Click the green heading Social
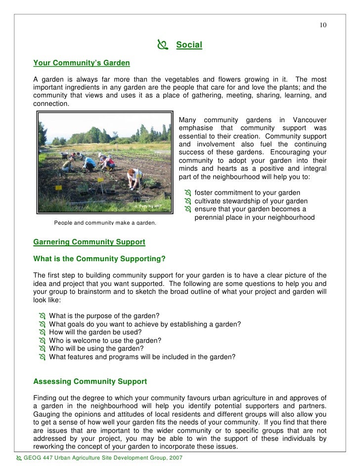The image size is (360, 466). [189, 46]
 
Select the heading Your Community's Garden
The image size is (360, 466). [81, 63]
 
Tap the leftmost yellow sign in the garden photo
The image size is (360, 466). [58, 187]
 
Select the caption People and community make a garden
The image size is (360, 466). [105, 223]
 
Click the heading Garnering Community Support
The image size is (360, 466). [89, 242]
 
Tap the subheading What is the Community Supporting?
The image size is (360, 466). [99, 259]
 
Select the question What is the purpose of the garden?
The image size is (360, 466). [104, 316]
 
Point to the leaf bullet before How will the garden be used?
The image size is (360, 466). [42, 332]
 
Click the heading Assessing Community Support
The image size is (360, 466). [90, 381]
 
